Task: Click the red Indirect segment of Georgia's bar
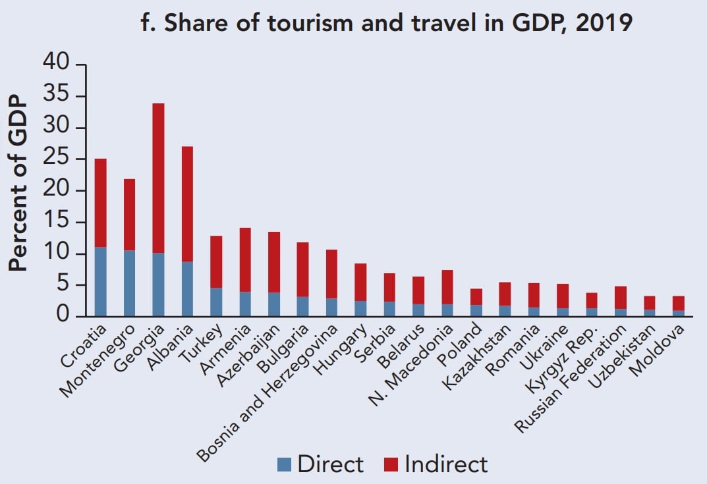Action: tap(158, 178)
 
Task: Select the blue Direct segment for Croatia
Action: tap(100, 282)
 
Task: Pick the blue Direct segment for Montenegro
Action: tap(129, 283)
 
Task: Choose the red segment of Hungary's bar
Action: tap(360, 282)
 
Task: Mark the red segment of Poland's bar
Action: tap(476, 297)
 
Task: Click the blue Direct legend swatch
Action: tap(284, 465)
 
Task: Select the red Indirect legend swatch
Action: tap(391, 465)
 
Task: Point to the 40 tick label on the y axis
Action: tap(56, 64)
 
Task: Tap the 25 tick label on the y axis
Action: tap(56, 159)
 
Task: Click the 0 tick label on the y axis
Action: tap(63, 317)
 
